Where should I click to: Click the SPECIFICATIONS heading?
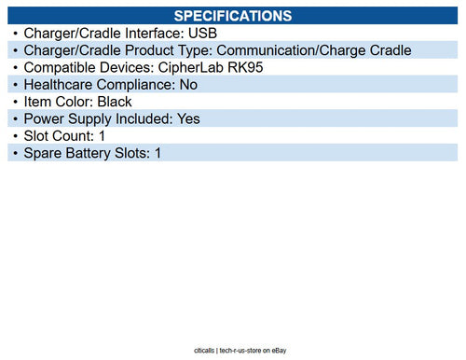click(233, 16)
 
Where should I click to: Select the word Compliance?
click(139, 84)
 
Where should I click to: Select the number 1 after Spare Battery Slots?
click(158, 152)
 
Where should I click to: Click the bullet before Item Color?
click(15, 101)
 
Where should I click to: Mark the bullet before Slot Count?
click(15, 135)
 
